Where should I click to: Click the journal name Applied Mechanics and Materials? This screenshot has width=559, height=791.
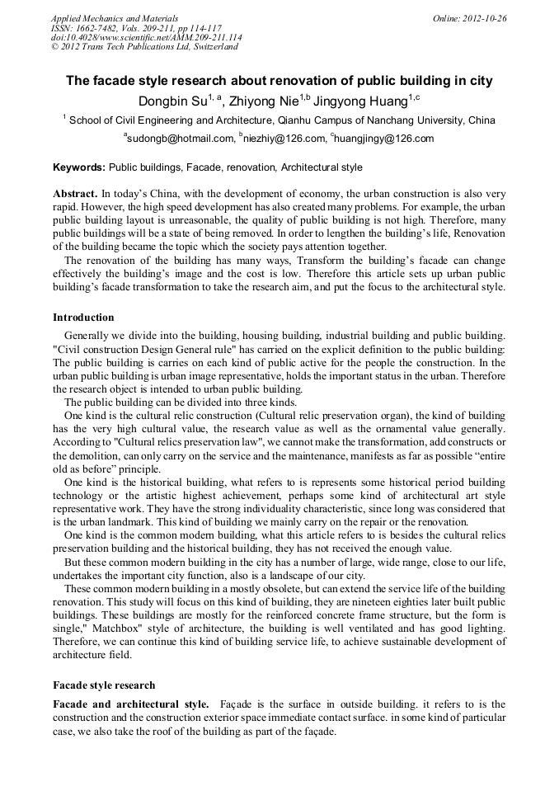[114, 17]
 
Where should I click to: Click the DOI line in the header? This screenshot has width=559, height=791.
[146, 37]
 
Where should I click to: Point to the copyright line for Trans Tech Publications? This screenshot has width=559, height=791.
[144, 47]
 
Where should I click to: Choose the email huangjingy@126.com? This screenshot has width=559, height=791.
[383, 139]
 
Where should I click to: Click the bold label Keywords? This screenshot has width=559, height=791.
[79, 167]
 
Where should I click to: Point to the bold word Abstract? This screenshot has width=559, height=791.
[75, 192]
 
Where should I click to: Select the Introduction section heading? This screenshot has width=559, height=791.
[83, 318]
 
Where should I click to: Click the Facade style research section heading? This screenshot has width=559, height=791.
[103, 685]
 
